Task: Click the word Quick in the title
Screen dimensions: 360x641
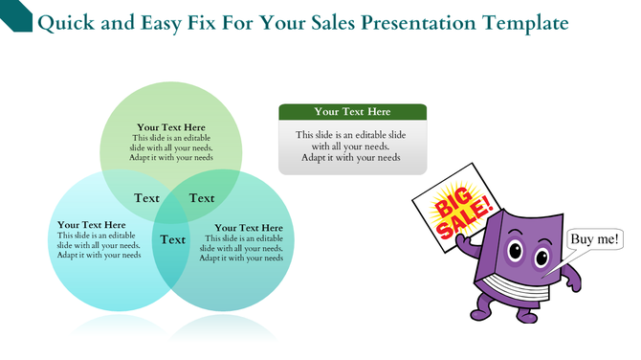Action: [63, 22]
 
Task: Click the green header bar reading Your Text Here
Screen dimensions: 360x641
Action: [352, 112]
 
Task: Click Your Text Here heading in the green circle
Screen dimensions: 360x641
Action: [171, 127]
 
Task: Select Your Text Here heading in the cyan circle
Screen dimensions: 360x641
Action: [92, 225]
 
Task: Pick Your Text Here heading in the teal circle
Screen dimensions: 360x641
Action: [249, 228]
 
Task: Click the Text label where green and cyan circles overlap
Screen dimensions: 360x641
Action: [147, 198]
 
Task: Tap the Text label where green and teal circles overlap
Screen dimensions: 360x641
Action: [202, 198]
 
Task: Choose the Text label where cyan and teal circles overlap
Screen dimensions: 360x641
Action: [173, 239]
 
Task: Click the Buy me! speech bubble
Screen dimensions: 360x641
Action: [593, 239]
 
